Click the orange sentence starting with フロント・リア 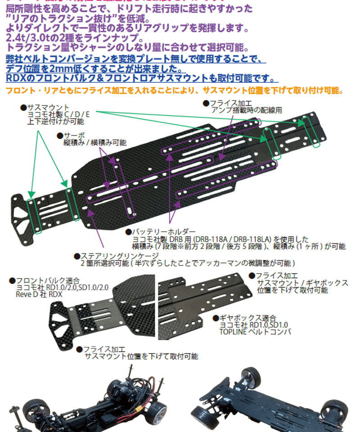pyautogui.click(x=173, y=90)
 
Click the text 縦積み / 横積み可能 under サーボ pyautogui.click(x=94, y=142)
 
